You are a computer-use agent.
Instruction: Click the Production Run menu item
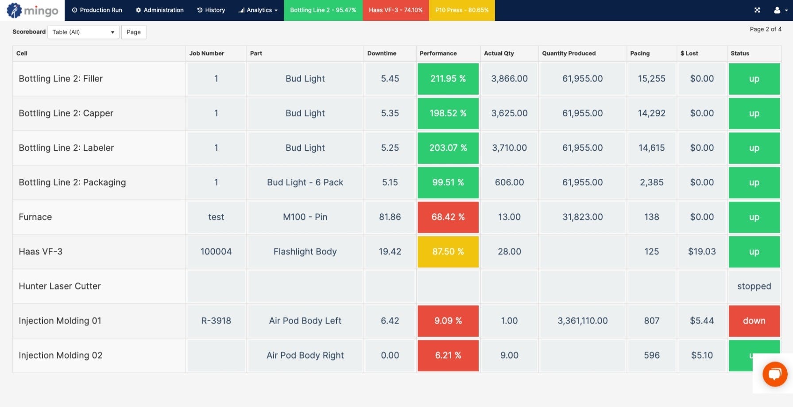97,10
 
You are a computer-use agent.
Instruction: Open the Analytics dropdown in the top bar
258,10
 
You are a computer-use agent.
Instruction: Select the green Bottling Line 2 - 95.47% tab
323,10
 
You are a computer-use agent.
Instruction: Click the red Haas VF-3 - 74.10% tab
395,10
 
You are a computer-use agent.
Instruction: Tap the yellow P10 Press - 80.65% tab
461,10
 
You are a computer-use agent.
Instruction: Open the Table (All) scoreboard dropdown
83,32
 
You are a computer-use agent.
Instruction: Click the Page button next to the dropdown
133,32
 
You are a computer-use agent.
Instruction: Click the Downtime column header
382,54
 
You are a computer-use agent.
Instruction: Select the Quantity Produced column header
569,54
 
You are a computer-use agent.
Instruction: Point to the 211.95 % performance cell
448,79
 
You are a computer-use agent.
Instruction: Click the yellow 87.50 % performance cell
448,252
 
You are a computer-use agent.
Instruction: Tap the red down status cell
754,321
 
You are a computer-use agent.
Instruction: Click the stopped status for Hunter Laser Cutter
754,286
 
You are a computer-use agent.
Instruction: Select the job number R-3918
216,321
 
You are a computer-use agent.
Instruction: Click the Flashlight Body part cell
305,252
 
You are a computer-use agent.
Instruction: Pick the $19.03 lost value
701,252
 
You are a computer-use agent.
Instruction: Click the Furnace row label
35,217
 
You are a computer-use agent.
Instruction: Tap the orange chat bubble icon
774,374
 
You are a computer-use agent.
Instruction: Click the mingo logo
32,10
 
